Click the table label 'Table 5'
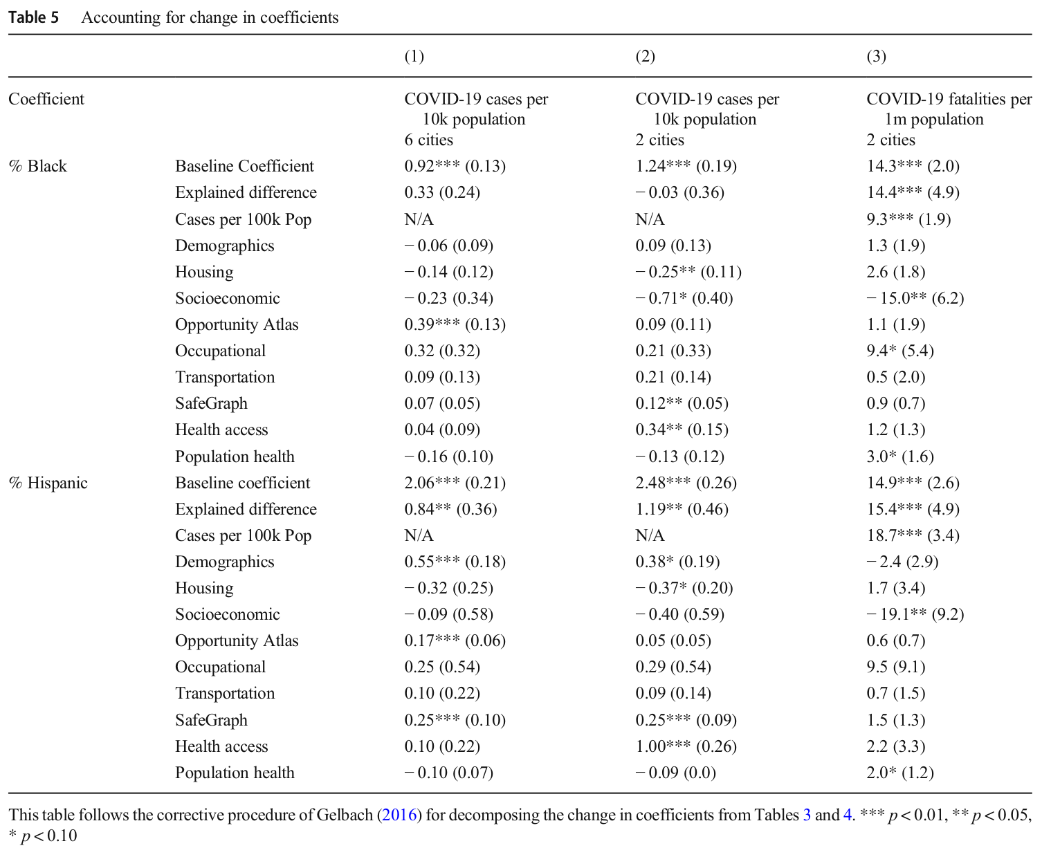34,17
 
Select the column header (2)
646,56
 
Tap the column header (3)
876,56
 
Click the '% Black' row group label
37,166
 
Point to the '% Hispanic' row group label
48,483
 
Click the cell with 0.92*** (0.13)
455,166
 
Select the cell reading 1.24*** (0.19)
686,166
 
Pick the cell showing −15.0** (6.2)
915,298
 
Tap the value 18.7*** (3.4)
913,535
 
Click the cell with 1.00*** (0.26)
686,746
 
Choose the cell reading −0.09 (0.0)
675,773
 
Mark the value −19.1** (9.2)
915,614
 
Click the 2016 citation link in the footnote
399,815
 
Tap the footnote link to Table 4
847,815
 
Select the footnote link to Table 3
807,815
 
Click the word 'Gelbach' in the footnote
344,815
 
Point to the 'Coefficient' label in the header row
46,99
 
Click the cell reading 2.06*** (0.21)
455,483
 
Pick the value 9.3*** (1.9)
908,219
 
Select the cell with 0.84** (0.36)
450,509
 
